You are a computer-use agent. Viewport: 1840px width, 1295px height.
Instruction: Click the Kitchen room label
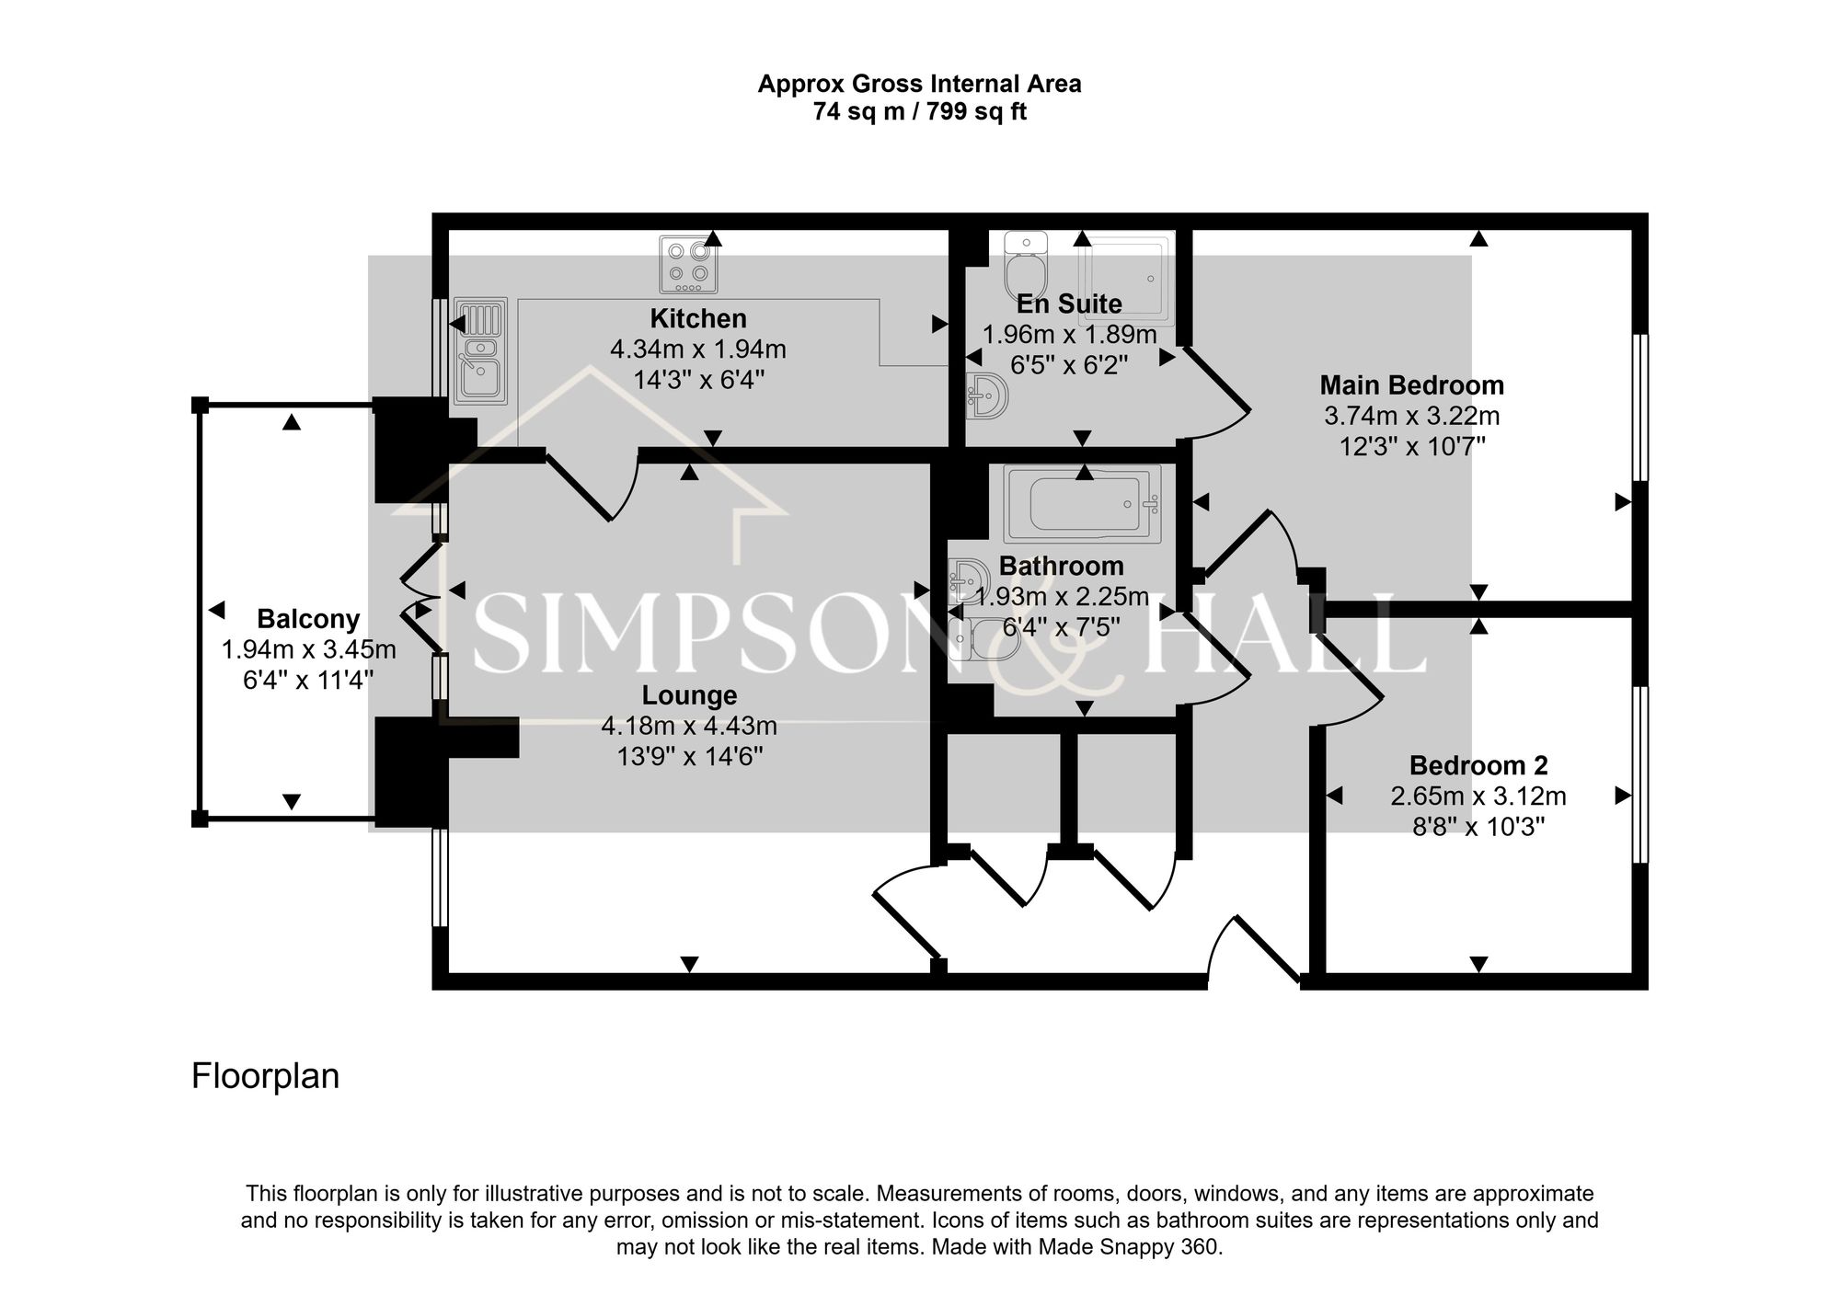click(698, 319)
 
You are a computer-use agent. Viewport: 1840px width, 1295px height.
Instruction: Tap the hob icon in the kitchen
click(688, 264)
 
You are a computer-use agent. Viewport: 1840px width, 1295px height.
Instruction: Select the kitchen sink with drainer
click(479, 351)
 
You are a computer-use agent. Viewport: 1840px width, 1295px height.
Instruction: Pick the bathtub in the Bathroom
click(1083, 504)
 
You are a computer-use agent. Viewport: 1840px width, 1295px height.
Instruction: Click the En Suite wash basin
click(987, 396)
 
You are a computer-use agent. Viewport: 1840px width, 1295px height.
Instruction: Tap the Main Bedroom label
click(1411, 385)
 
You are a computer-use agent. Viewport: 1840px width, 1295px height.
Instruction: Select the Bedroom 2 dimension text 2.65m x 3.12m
click(1478, 796)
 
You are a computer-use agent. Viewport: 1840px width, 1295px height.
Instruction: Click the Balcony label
click(308, 619)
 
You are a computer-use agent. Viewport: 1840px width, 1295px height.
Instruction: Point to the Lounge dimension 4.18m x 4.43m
click(689, 727)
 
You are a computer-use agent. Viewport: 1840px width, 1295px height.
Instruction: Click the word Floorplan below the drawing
click(265, 1076)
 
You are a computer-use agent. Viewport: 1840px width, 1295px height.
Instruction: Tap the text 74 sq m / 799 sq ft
click(919, 112)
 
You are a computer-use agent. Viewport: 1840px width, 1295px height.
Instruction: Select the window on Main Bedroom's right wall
click(1639, 407)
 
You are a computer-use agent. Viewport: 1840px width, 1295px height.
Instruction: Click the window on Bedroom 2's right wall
click(1639, 774)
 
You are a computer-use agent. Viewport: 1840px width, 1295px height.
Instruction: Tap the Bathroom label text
click(1061, 566)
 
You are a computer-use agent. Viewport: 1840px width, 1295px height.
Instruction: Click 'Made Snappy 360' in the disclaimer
click(1128, 1248)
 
